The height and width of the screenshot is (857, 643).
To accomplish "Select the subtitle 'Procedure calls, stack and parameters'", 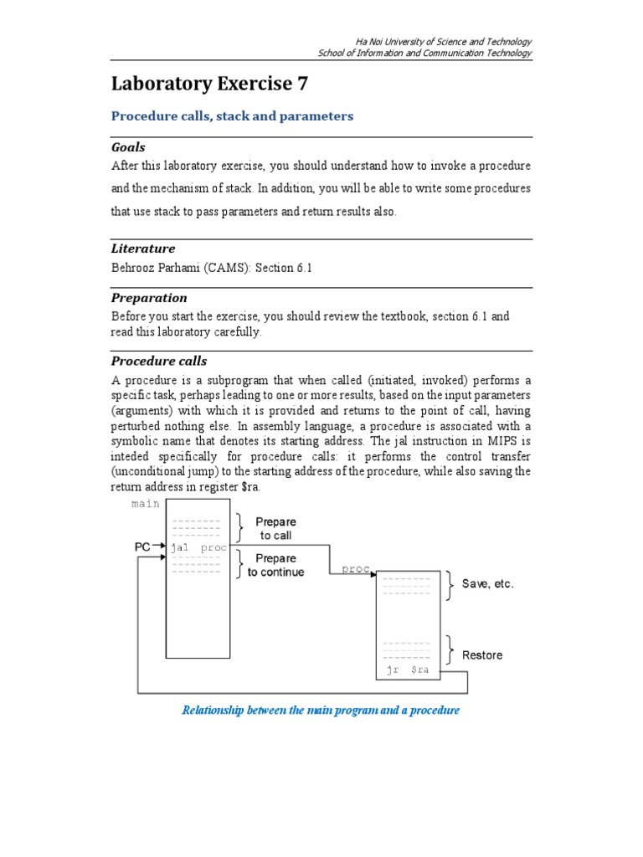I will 232,116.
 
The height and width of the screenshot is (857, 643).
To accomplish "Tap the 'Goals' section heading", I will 128,147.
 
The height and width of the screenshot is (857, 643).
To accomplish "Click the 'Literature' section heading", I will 143,249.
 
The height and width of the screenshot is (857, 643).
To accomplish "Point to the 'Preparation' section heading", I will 149,298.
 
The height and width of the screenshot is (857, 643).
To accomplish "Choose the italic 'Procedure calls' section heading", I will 159,362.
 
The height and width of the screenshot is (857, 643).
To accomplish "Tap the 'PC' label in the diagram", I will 143,547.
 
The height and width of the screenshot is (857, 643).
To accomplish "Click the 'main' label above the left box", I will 146,504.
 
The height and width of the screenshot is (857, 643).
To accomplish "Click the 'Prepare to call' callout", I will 275,529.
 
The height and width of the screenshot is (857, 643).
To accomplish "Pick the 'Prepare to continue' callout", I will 275,565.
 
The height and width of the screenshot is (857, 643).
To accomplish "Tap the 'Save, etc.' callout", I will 487,584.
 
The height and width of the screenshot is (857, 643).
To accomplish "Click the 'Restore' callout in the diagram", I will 482,655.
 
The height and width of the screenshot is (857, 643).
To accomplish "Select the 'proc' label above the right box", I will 356,569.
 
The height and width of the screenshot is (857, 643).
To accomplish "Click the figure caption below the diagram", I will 321,711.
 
